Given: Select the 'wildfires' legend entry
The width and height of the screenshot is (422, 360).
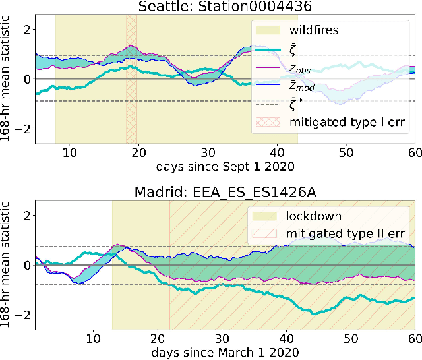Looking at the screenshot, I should pos(313,30).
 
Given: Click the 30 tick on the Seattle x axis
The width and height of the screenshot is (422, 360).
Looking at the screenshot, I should pos(208,151).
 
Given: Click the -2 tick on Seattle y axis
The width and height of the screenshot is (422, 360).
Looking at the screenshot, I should pos(25,129).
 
